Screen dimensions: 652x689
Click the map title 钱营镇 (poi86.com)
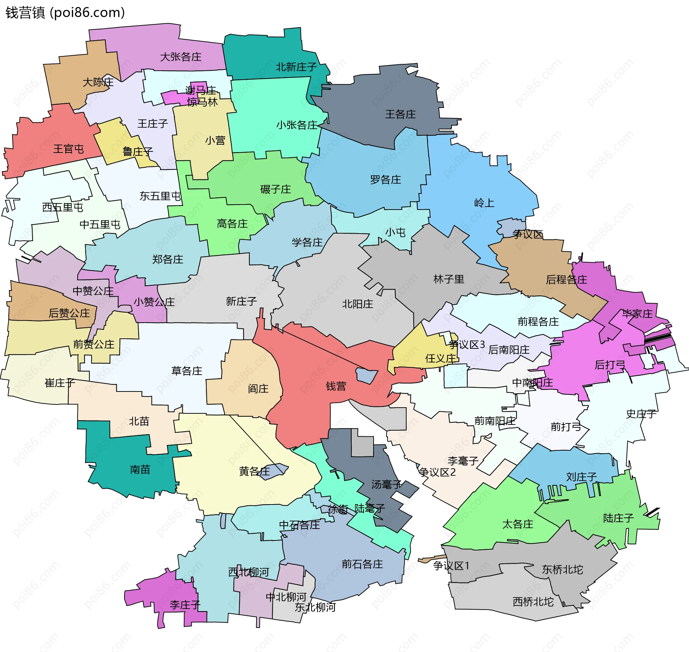[x=65, y=13]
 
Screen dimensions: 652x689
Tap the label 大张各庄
[x=181, y=57]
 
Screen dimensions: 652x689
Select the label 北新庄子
[x=296, y=67]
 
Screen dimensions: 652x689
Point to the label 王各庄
[x=400, y=114]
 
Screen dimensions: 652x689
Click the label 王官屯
[x=68, y=149]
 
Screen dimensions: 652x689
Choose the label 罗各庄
[x=385, y=179]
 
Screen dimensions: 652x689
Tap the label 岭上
[x=484, y=203]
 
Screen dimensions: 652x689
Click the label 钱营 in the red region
[x=336, y=386]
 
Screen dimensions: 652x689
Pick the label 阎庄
[x=258, y=388]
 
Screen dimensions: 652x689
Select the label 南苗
[x=140, y=469]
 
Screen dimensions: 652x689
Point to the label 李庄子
[x=185, y=605]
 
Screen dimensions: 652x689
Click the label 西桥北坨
[x=533, y=602]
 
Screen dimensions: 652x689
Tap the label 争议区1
[x=451, y=566]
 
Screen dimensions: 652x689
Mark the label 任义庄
[x=440, y=358]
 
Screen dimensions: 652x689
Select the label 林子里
[x=449, y=279]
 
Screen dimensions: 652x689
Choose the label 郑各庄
[x=168, y=259]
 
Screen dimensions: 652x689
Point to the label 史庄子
[x=641, y=414]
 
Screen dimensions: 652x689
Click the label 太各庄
[x=517, y=524]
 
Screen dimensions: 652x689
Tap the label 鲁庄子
[x=138, y=151]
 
